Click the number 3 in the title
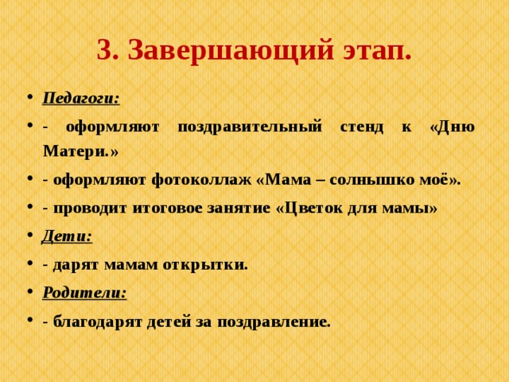point(103,51)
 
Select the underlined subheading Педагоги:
point(81,98)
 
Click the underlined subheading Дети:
point(67,236)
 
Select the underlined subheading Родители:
point(84,292)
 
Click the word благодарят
point(93,322)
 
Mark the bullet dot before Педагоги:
point(29,99)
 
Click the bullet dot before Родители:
point(29,293)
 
